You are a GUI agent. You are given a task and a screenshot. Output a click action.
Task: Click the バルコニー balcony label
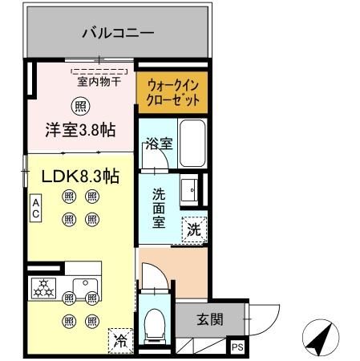point(118,34)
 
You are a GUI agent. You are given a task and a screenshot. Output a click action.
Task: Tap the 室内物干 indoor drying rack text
point(98,80)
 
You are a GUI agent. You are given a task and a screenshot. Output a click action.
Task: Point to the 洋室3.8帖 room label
point(79,128)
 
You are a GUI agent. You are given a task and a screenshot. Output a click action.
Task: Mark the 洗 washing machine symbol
point(192,229)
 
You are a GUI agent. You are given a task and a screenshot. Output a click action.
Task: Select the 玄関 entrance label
point(210,319)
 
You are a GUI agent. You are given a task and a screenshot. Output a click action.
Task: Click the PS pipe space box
point(237,347)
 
